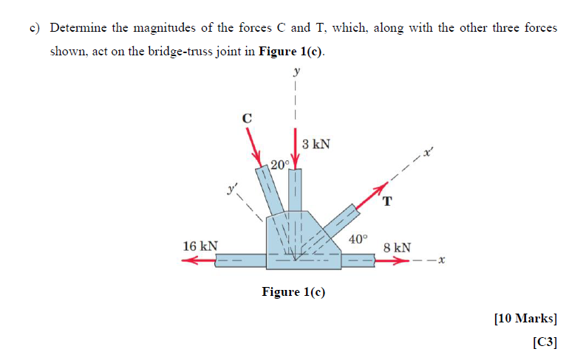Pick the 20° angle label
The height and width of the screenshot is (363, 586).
pyautogui.click(x=279, y=164)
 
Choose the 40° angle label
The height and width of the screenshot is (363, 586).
pyautogui.click(x=358, y=239)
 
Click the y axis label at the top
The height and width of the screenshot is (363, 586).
pyautogui.click(x=297, y=72)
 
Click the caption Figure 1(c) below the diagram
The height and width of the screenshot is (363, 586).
pyautogui.click(x=293, y=292)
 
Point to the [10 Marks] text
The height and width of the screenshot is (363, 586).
pyautogui.click(x=525, y=319)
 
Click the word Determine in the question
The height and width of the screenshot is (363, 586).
pyautogui.click(x=78, y=28)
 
